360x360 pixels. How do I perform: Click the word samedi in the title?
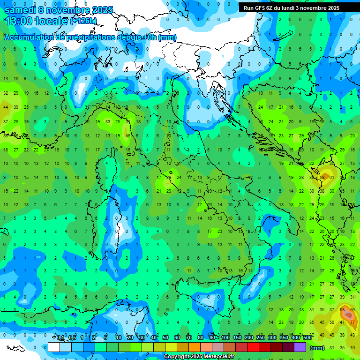point(20,10)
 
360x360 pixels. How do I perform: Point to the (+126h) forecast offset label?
point(83,22)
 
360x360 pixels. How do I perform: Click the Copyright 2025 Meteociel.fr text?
point(199,357)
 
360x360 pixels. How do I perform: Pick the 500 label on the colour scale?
point(307,338)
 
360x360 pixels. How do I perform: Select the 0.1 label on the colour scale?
point(60,338)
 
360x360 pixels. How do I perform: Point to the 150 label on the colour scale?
point(237,338)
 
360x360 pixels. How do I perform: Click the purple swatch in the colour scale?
point(300,347)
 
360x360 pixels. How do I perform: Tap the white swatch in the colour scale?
point(54,347)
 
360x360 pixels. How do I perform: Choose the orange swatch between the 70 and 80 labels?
point(195,347)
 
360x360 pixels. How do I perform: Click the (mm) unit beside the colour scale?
point(317,347)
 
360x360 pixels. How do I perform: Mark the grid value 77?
point(352,322)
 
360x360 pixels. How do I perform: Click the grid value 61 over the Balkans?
point(332,177)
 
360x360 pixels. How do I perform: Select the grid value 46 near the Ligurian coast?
point(128,135)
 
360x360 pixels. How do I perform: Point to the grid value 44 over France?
point(6,107)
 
